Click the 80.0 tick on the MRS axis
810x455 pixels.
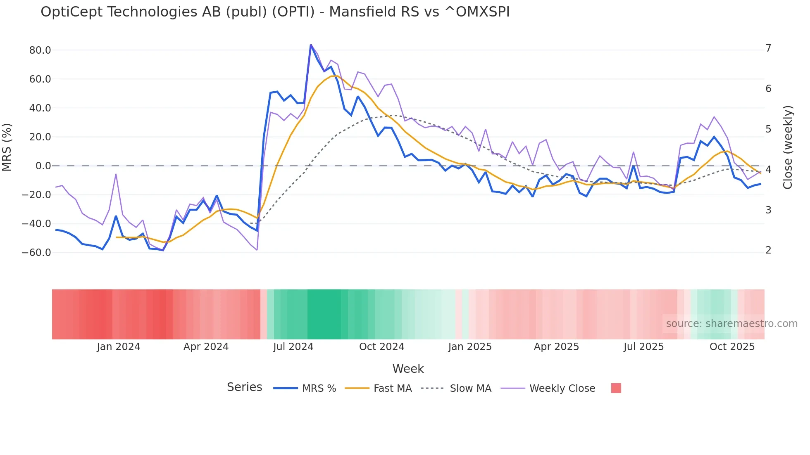pos(40,50)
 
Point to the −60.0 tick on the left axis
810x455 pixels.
pos(37,252)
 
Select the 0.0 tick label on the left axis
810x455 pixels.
pos(43,166)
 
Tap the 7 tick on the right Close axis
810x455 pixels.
pos(768,48)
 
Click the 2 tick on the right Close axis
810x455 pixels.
pos(768,250)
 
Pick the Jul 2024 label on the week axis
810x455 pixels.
pos(293,347)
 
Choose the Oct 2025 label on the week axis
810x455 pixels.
pos(732,347)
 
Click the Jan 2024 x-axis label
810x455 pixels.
pos(119,347)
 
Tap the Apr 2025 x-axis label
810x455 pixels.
pos(556,347)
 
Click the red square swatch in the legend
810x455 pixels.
pos(616,388)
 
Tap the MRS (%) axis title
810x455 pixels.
pos(7,147)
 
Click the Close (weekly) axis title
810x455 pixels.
pos(788,147)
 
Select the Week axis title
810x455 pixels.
pos(408,369)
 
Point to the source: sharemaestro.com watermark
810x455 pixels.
pos(731,324)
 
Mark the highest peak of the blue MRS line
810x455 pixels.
pos(311,45)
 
